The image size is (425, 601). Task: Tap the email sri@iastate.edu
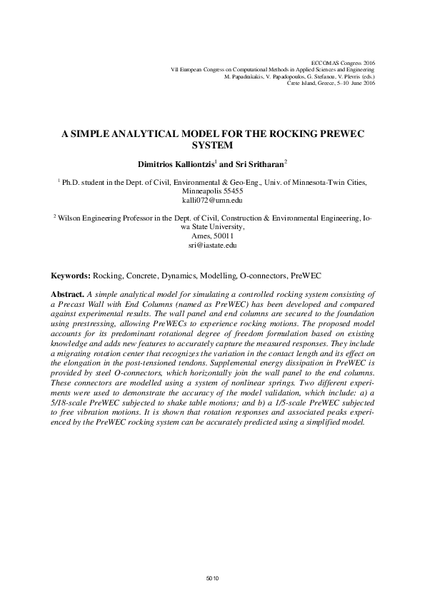[211, 245]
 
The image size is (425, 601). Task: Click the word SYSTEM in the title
[212, 143]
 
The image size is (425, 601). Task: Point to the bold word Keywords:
[70, 275]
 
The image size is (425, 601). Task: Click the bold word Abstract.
[66, 294]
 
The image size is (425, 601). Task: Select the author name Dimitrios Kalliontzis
[177, 163]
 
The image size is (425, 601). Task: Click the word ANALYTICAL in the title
[144, 133]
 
